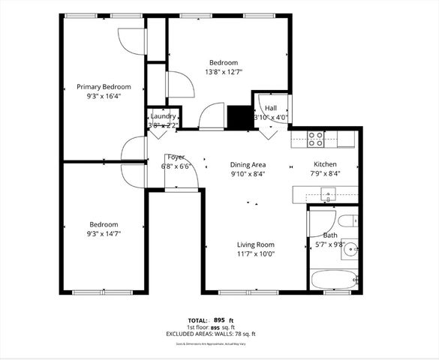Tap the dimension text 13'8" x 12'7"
pyautogui.click(x=224, y=72)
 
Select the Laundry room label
pyautogui.click(x=163, y=116)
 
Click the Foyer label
pyautogui.click(x=176, y=157)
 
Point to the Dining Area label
pyautogui.click(x=248, y=164)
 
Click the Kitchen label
pyautogui.click(x=325, y=164)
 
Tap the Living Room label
pyautogui.click(x=256, y=244)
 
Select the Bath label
pyautogui.click(x=330, y=235)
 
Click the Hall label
pyautogui.click(x=270, y=109)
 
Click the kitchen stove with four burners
pyautogui.click(x=316, y=138)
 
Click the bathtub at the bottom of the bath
pyautogui.click(x=333, y=279)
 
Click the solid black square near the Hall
pyautogui.click(x=239, y=118)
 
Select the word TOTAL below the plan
pyautogui.click(x=198, y=319)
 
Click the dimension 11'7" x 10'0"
pyautogui.click(x=256, y=253)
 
